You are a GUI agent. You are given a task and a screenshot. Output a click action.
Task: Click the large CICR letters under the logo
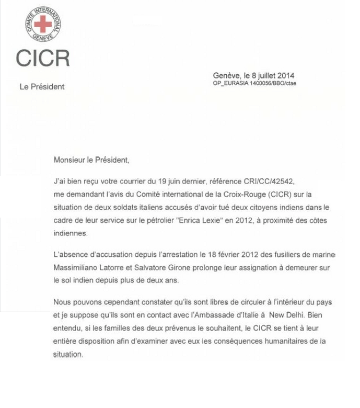click(x=42, y=59)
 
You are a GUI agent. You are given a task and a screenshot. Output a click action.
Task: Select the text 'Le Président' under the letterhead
click(x=42, y=87)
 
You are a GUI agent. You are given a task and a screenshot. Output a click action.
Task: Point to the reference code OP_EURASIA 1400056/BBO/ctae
click(x=254, y=83)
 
